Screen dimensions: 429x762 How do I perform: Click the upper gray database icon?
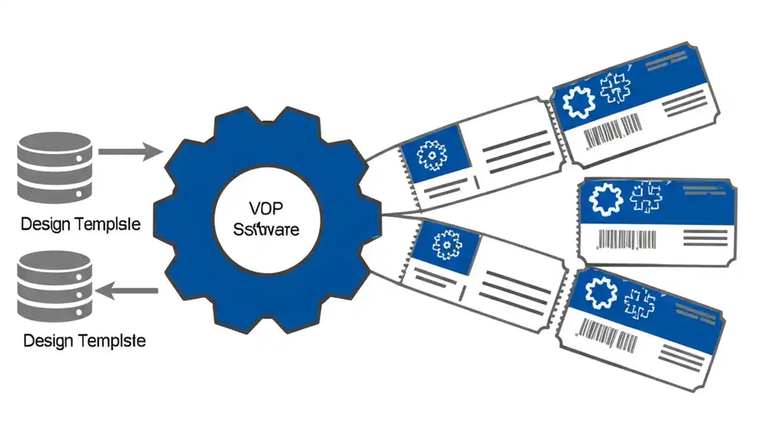55,167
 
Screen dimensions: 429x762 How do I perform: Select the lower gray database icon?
55,285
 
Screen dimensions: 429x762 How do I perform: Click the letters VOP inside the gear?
267,209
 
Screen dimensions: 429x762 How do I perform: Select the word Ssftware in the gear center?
267,229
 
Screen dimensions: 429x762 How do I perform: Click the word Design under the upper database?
46,225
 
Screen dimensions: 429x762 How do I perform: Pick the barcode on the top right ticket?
613,131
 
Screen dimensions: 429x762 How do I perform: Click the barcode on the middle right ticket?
626,240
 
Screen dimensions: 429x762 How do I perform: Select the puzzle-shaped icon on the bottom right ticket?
641,303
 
